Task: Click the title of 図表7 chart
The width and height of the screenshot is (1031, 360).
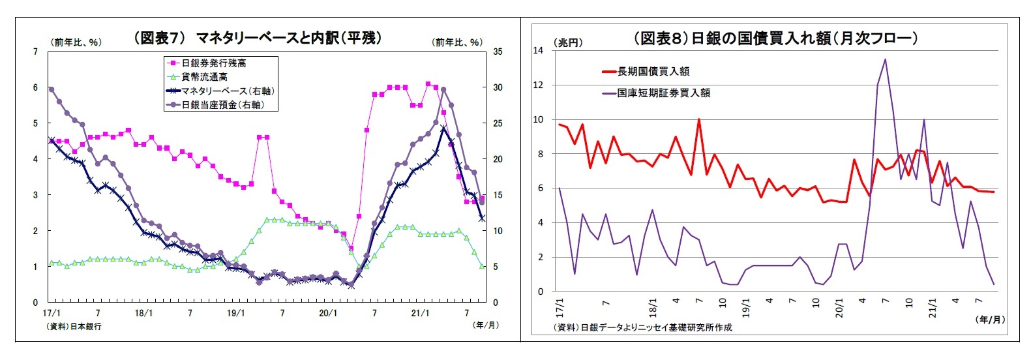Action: tap(258, 38)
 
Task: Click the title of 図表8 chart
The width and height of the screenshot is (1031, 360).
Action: tap(775, 38)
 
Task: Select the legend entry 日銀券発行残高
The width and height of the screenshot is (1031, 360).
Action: tap(213, 63)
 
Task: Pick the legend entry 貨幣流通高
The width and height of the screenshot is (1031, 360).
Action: tap(204, 77)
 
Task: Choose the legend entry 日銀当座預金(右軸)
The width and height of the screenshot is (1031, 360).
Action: tap(222, 104)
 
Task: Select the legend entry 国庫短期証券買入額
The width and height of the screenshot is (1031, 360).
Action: tap(664, 93)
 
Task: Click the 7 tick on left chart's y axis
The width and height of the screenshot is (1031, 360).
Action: tap(35, 51)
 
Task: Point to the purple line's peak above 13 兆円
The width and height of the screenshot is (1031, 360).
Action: tap(885, 59)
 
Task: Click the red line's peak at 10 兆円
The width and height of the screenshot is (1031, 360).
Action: tap(698, 119)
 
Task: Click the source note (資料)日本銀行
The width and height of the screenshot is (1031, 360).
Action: tap(74, 325)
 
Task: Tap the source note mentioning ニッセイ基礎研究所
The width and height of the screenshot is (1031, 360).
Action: tap(642, 327)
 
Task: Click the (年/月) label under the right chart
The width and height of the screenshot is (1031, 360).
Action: tap(989, 319)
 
